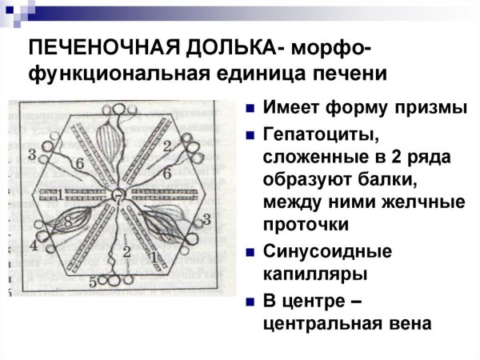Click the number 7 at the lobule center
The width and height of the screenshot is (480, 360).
118,195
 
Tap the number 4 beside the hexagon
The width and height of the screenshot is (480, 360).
34,244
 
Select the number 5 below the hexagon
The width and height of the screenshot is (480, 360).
93,282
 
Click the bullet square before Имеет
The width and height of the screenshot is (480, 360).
250,109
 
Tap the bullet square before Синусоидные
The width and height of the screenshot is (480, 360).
250,252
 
